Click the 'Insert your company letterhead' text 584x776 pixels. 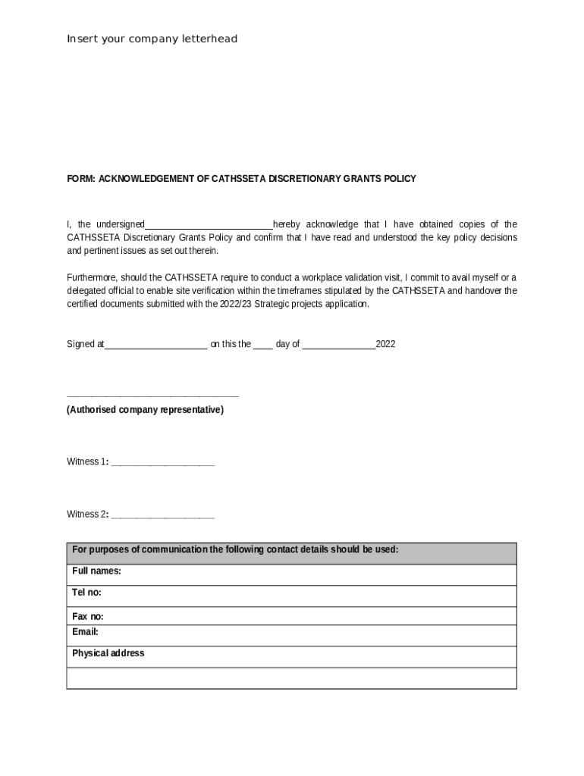tap(152, 39)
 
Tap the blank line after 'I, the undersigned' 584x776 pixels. tap(209, 225)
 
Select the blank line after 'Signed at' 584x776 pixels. tap(155, 345)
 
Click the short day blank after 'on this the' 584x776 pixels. tap(262, 345)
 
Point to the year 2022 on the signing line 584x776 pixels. tap(385, 344)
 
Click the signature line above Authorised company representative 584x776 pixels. tap(152, 396)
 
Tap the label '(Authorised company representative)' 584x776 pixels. tap(145, 410)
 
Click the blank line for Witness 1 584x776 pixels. tap(162, 462)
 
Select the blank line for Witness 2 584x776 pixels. tap(162, 515)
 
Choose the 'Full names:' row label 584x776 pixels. tap(96, 571)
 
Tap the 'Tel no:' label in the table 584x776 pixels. tap(86, 593)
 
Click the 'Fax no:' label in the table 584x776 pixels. tap(88, 617)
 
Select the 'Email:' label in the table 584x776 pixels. tap(85, 632)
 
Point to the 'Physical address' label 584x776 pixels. tap(108, 653)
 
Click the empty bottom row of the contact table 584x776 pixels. tap(291, 677)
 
